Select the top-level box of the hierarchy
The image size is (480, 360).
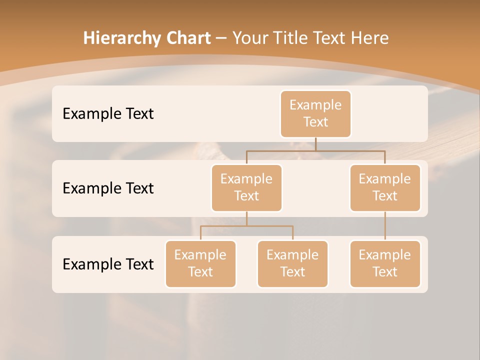[x=315, y=113]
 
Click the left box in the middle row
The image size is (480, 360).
[x=246, y=187]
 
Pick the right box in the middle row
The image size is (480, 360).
[x=385, y=187]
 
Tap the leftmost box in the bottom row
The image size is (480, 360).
[x=200, y=263]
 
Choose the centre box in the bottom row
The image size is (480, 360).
[x=292, y=263]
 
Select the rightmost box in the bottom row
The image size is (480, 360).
[x=385, y=263]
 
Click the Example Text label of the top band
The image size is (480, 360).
[x=108, y=114]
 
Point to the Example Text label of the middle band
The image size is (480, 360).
[x=108, y=188]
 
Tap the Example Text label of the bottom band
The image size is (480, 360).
[x=108, y=264]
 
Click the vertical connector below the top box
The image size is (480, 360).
[x=315, y=144]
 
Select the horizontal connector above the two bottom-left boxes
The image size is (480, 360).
[x=246, y=226]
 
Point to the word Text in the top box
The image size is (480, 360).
[x=315, y=122]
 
